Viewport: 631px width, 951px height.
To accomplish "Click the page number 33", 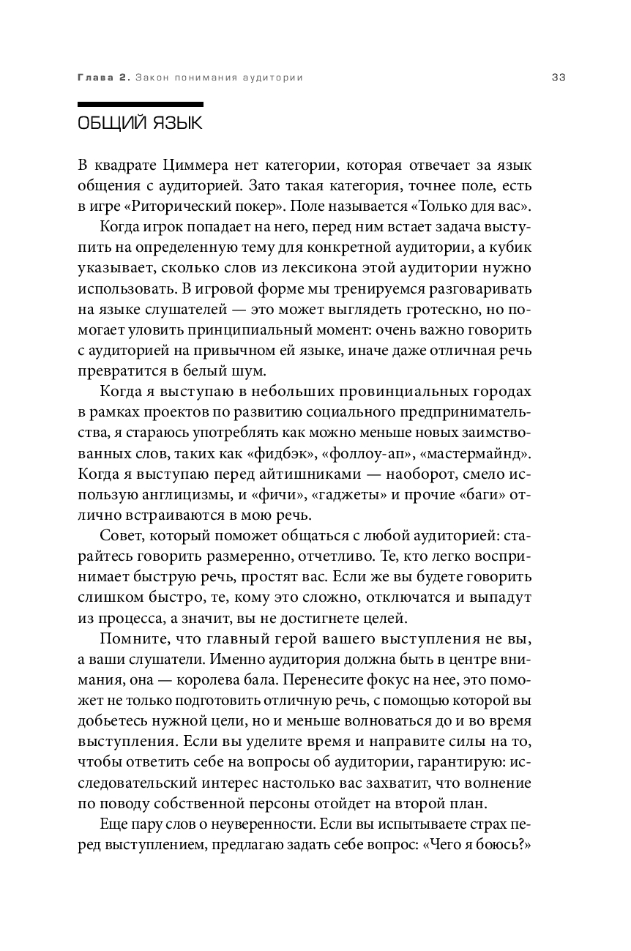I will tap(559, 77).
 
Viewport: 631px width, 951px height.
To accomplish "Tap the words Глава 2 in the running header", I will tap(101, 77).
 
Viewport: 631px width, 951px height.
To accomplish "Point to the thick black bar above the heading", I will tap(140, 103).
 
